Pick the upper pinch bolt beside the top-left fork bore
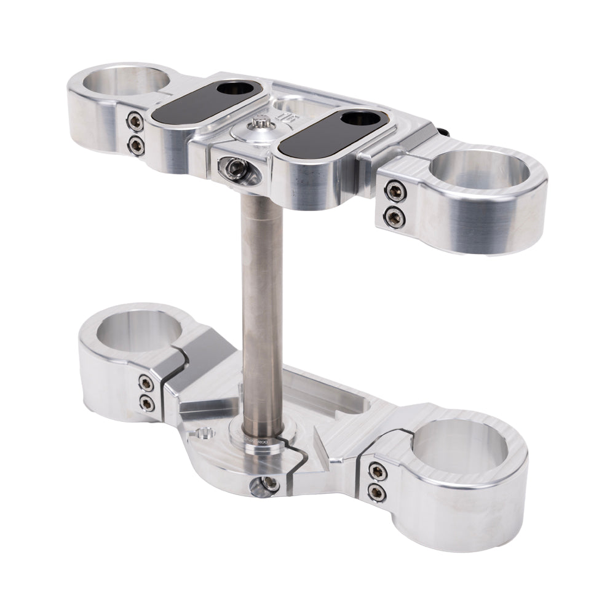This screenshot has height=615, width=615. point(135,121)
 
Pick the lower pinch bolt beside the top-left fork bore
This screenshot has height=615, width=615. point(136,145)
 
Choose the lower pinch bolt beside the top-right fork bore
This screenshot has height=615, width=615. point(395,216)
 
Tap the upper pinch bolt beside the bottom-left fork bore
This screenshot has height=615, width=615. point(146,383)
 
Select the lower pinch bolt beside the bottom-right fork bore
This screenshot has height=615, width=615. point(376,492)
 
